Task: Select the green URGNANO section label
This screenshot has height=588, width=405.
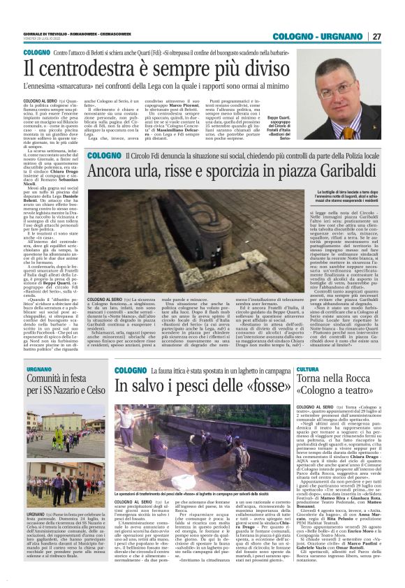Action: [39, 369]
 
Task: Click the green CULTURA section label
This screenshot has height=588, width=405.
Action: [307, 369]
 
